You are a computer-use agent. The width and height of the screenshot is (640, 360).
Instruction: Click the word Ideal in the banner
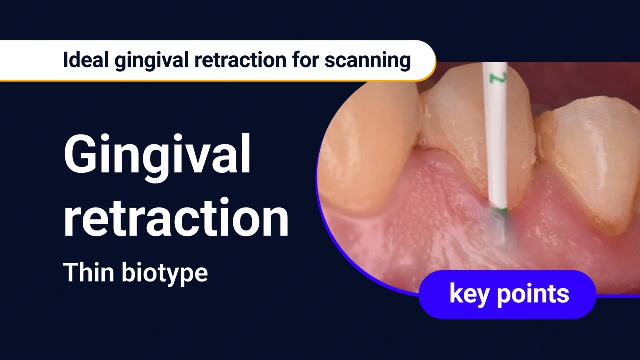click(x=81, y=60)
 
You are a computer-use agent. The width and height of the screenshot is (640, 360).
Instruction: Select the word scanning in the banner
click(x=367, y=60)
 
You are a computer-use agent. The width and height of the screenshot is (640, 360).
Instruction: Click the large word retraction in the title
click(x=176, y=218)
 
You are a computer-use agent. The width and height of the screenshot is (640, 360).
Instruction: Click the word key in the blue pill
click(x=470, y=294)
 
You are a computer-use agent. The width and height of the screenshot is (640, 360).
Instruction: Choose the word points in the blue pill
click(x=533, y=294)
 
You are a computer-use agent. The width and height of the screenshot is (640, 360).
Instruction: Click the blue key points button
click(x=507, y=294)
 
